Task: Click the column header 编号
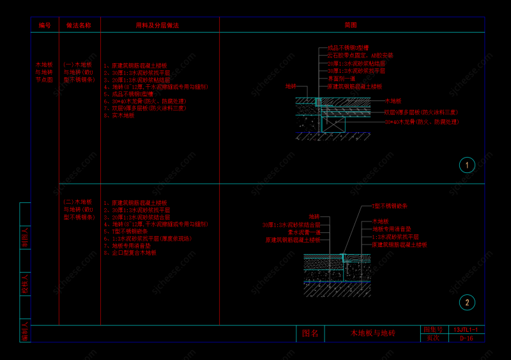pos(45,25)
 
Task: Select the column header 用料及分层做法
pos(157,25)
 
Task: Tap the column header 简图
pos(351,25)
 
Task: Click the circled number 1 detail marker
pos(467,165)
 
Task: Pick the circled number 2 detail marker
pos(467,303)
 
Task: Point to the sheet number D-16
pos(466,338)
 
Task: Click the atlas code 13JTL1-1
pos(466,329)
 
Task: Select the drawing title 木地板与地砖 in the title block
pos(373,333)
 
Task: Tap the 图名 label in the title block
pos(310,333)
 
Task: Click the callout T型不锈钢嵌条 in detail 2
pos(390,206)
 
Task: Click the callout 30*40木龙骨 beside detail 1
pos(422,121)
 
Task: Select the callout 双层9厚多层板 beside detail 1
pos(421,112)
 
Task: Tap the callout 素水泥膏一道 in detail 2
pos(303,232)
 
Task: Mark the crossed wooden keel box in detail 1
pos(333,124)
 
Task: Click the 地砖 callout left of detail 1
pos(291,86)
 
